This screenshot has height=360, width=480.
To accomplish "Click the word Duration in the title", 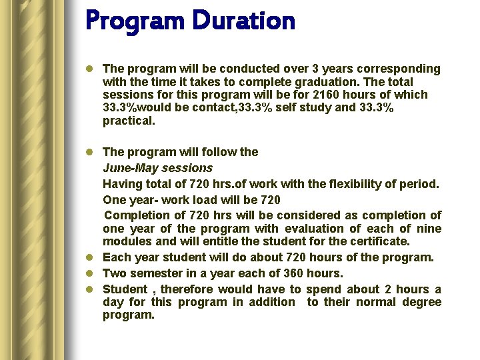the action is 244,21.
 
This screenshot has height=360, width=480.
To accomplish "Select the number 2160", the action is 326,95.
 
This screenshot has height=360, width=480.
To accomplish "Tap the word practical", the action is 129,121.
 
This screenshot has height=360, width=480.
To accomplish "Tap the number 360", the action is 293,273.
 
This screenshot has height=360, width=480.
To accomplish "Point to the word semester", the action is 156,273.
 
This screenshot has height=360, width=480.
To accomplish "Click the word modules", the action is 127,241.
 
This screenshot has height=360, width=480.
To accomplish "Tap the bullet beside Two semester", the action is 89,273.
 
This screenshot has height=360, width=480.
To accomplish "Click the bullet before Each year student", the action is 89,257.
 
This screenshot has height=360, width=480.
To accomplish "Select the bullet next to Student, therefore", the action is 89,289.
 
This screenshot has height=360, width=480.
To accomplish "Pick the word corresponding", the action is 399,69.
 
